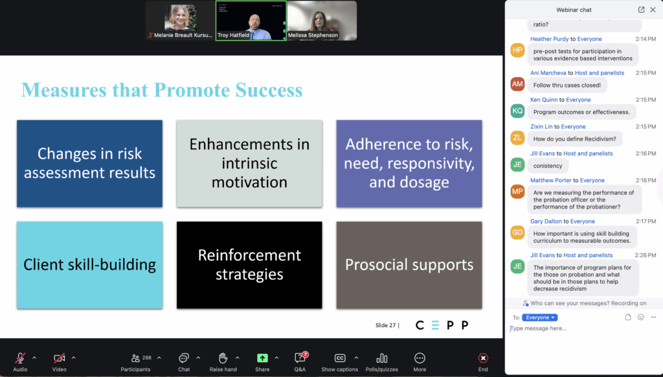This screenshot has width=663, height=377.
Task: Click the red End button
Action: tap(483, 358)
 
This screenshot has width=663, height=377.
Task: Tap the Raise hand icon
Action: tap(223, 358)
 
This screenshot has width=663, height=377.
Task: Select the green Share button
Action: tap(262, 358)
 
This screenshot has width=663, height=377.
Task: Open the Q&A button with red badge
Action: tap(300, 358)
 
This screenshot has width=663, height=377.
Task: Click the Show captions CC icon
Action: tap(339, 358)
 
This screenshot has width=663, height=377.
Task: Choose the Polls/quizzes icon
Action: tap(381, 358)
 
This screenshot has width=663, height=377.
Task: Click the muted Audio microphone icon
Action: tap(20, 358)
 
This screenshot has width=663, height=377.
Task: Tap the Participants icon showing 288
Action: tap(135, 358)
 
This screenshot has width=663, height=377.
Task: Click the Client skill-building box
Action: tap(89, 265)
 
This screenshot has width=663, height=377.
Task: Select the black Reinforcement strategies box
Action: tap(249, 265)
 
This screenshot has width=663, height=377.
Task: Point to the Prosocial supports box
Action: tap(409, 265)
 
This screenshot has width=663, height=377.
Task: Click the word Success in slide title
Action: tap(269, 90)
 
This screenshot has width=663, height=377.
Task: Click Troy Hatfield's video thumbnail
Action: tap(251, 21)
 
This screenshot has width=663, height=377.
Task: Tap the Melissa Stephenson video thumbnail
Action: tap(322, 21)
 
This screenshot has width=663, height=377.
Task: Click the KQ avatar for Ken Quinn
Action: tap(517, 111)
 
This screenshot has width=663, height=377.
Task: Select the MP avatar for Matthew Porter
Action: tap(517, 191)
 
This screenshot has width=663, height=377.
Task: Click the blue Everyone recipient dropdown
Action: tap(540, 317)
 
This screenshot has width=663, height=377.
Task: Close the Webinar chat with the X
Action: tap(653, 10)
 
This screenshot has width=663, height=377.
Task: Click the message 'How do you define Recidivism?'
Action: tap(575, 139)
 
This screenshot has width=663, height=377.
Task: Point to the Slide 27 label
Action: tap(385, 325)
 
